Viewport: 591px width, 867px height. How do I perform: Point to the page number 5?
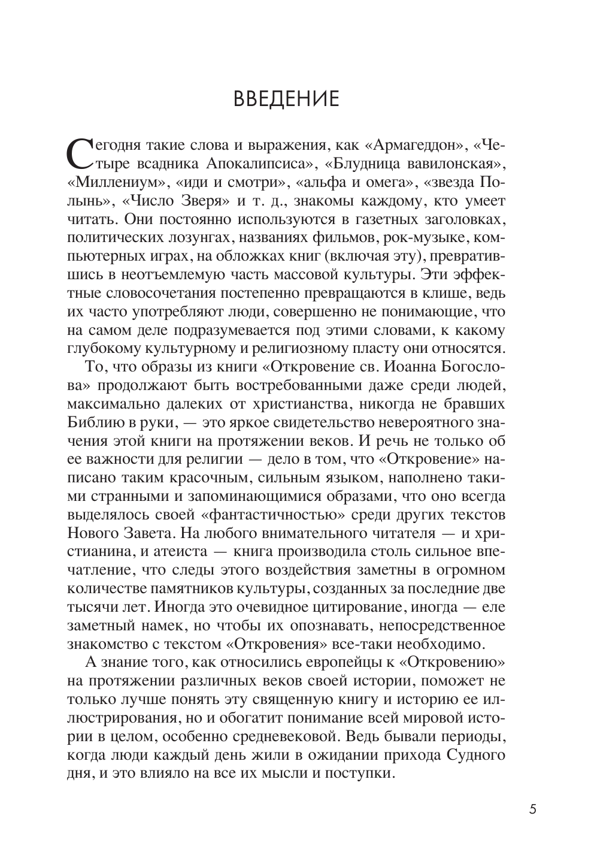pos(532,809)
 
